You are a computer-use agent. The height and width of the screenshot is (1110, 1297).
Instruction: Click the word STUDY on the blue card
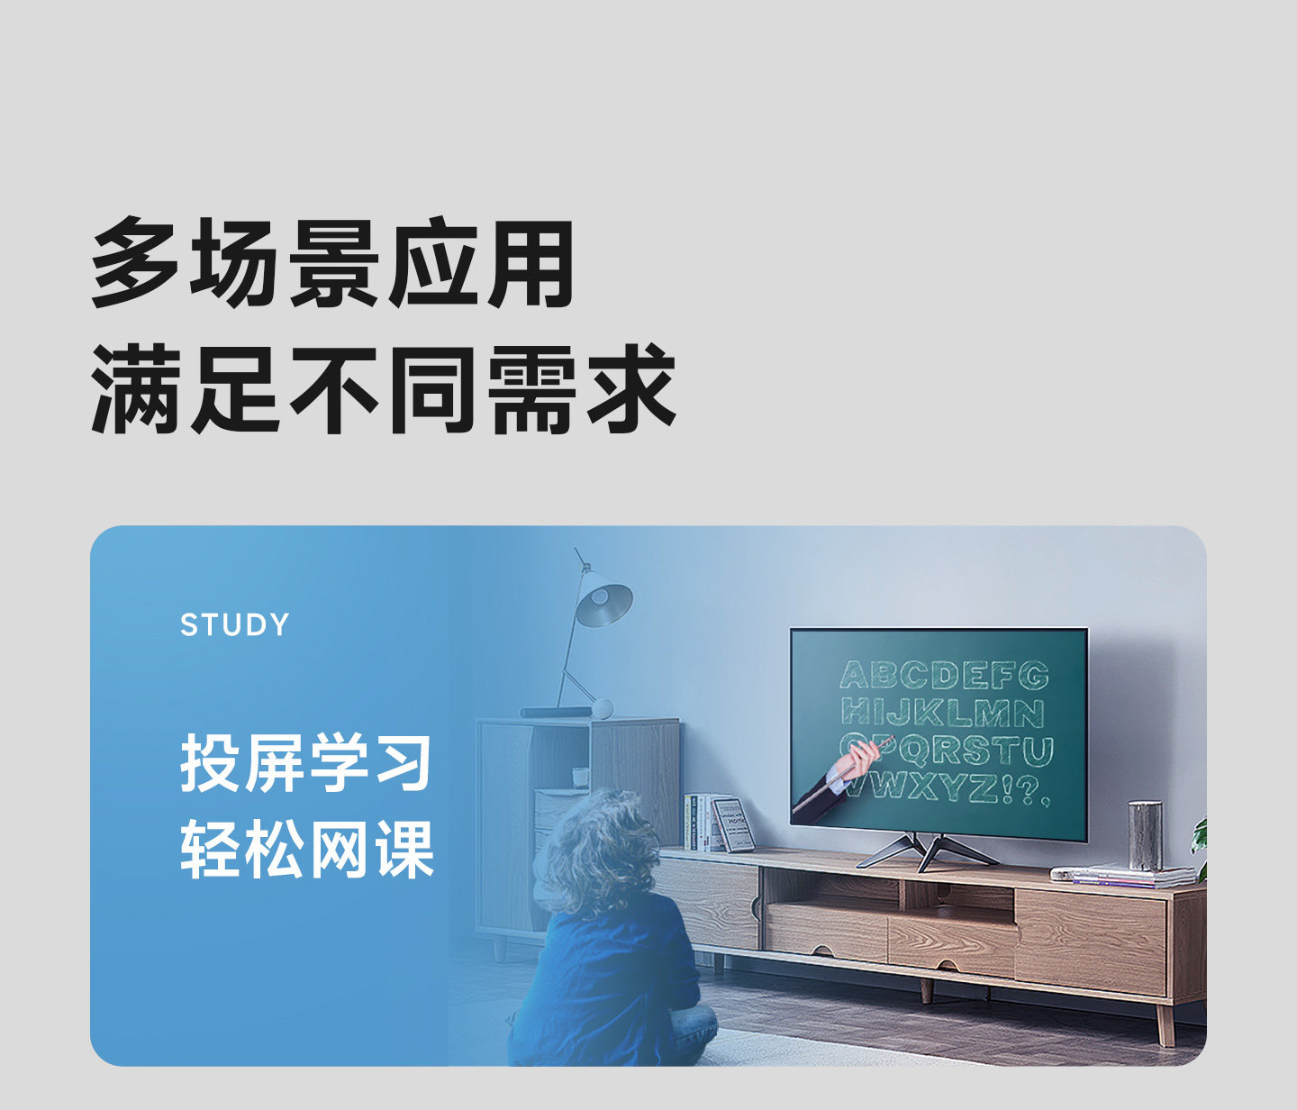click(235, 624)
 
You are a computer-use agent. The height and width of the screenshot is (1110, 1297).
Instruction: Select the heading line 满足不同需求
click(384, 389)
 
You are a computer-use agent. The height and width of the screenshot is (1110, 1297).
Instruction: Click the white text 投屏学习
click(306, 763)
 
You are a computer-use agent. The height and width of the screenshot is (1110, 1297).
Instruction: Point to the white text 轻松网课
click(307, 851)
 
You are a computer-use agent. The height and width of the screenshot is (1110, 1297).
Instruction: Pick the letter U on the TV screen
click(1038, 751)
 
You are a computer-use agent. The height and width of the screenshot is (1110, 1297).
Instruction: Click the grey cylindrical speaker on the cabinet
click(1145, 835)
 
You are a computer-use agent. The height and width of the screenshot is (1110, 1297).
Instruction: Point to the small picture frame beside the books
click(735, 824)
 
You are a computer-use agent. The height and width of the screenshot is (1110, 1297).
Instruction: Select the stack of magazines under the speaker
click(1123, 877)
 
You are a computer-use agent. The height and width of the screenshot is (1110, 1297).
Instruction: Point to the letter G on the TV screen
click(1033, 676)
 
